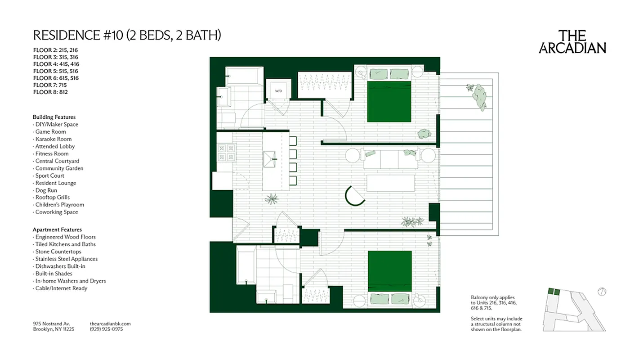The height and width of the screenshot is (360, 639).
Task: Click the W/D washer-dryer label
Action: [x=278, y=91]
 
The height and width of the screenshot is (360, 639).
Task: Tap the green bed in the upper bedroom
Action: [x=389, y=102]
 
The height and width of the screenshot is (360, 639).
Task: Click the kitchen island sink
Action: [x=271, y=157]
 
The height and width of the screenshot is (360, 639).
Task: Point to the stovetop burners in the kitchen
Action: [x=226, y=152]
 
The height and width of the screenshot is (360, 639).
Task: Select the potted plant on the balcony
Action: [x=478, y=96]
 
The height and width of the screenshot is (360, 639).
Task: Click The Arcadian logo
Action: [x=572, y=42]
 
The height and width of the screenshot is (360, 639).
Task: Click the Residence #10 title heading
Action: [x=127, y=36]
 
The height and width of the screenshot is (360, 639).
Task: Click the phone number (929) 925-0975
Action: [x=106, y=329]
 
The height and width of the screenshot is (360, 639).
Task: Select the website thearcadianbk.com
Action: [x=110, y=323]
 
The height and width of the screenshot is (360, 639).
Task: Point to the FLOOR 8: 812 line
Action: [x=50, y=92]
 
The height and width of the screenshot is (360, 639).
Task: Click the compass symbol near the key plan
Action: [x=602, y=292]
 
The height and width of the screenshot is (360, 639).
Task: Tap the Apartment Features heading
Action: [x=57, y=229]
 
